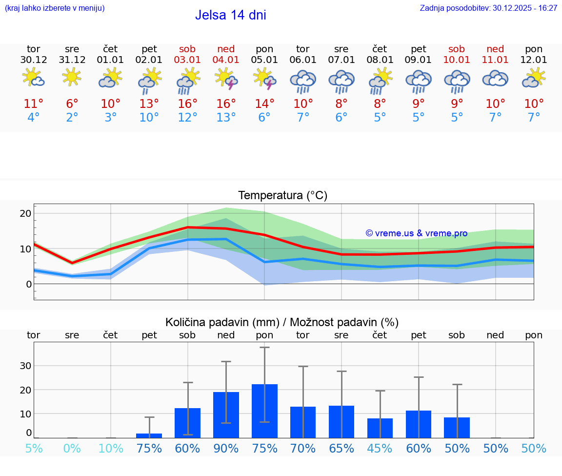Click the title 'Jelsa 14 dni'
[x=230, y=15]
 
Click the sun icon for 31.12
[x=72, y=77]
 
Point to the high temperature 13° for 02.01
[x=149, y=103]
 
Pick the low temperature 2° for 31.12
[x=72, y=117]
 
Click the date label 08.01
[x=380, y=60]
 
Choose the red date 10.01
[x=457, y=60]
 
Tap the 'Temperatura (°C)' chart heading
[x=282, y=196]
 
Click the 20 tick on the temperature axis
[x=25, y=213]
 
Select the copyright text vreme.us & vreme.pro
[x=416, y=233]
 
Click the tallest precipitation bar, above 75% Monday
[x=264, y=411]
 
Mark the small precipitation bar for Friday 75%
[x=149, y=435]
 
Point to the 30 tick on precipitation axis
[x=25, y=366]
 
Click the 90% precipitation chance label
[x=226, y=449]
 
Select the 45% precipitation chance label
[x=380, y=449]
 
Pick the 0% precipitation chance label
[x=72, y=449]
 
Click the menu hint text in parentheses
[x=55, y=8]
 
